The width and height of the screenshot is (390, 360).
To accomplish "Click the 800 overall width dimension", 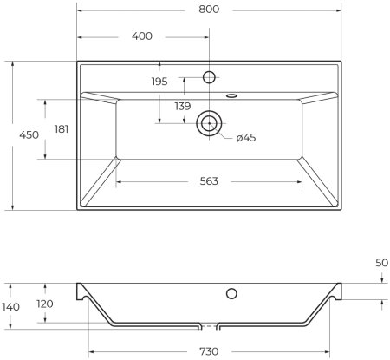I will [x=208, y=10].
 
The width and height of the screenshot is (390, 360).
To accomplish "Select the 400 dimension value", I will [x=143, y=36].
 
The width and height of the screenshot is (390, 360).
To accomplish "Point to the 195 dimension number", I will [x=159, y=81].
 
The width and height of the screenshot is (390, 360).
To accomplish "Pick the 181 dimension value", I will [x=61, y=129].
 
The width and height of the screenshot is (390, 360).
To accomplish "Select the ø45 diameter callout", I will [x=245, y=137].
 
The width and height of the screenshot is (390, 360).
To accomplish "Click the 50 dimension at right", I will [x=382, y=261].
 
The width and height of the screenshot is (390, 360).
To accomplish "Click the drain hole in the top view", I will [x=208, y=122].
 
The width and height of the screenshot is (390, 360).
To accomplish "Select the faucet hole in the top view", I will [x=208, y=77].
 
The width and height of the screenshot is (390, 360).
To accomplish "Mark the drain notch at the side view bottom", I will [x=208, y=325].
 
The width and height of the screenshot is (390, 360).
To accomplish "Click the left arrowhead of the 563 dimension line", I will [x=119, y=181].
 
